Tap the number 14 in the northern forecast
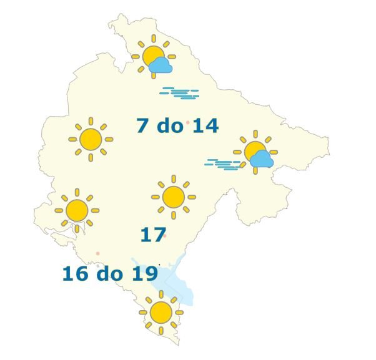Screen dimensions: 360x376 coord(205,126)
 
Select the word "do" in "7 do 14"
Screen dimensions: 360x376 coord(169,126)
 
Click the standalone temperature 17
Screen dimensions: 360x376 coord(152,235)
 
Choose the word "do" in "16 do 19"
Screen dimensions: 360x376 coord(109,273)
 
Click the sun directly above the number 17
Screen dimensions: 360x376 coord(173,197)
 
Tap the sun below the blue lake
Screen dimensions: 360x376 coord(161,311)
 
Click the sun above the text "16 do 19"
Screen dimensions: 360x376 coord(77,210)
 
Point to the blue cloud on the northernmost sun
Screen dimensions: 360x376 coord(161,65)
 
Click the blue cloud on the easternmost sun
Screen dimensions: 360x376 coord(261,159)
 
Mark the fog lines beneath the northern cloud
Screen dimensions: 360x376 coord(180,94)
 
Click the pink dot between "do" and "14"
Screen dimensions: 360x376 coord(187,123)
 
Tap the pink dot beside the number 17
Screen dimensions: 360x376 coord(165,236)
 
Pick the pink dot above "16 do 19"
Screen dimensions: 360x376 coord(97,253)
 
